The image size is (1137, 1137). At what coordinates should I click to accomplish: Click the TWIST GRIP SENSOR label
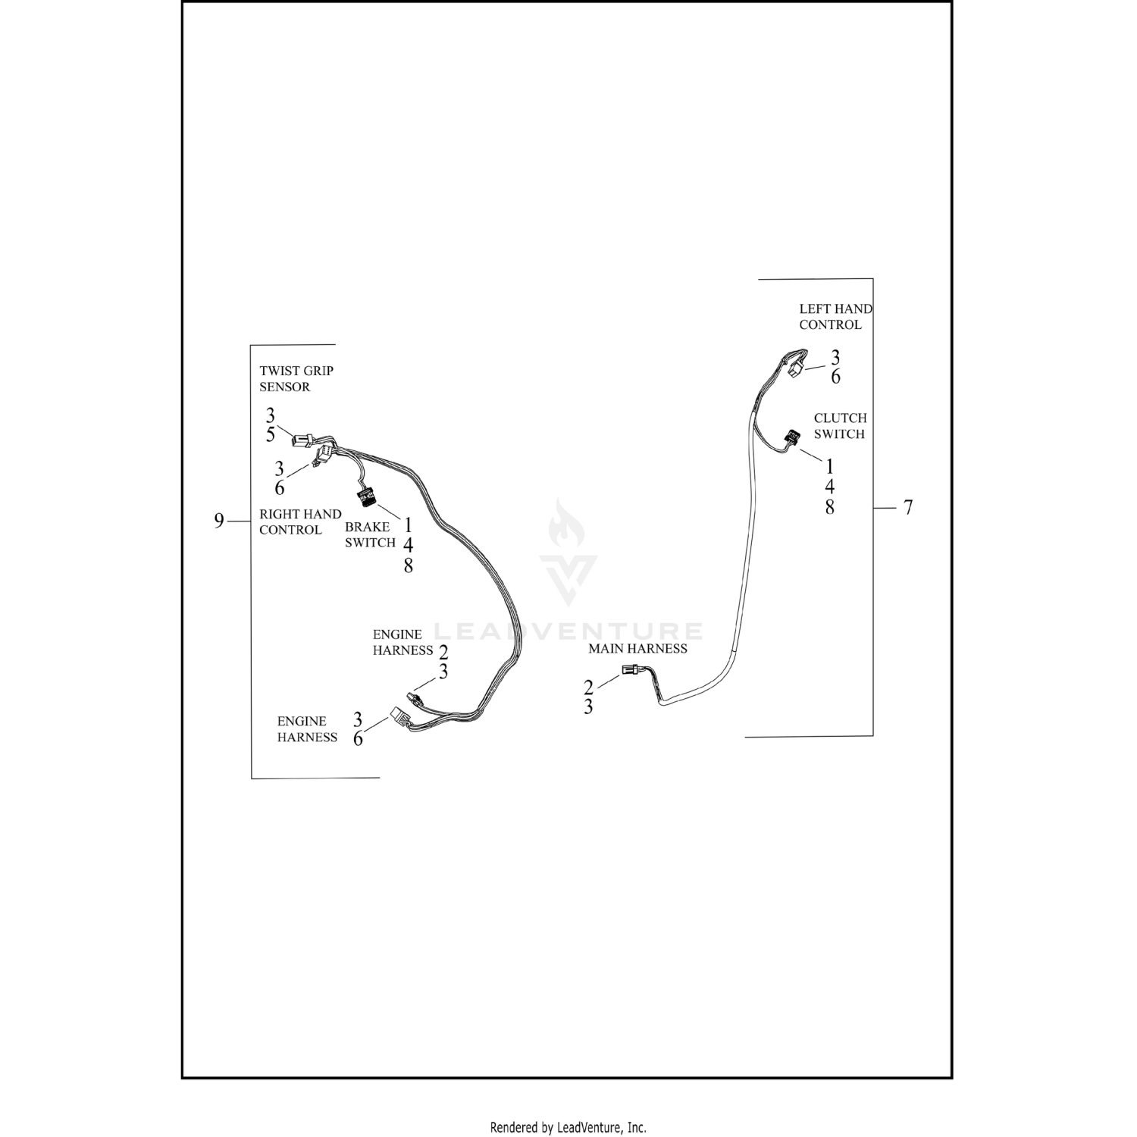click(296, 378)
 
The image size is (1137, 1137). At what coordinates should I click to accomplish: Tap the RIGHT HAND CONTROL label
click(300, 522)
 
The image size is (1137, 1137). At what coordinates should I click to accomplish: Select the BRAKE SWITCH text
click(370, 534)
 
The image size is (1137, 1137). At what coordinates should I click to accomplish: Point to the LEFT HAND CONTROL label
click(835, 316)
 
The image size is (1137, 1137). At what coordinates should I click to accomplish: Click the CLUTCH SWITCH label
click(840, 426)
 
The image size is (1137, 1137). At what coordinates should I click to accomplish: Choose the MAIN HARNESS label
click(637, 649)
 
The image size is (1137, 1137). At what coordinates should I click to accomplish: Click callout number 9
click(219, 521)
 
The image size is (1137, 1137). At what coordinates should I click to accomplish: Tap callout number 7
click(908, 507)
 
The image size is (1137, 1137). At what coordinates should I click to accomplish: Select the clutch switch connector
click(792, 437)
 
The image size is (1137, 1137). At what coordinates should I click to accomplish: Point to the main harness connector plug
click(630, 669)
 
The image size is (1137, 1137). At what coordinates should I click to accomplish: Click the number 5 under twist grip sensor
click(271, 435)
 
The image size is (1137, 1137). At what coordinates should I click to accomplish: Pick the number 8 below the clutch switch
click(830, 507)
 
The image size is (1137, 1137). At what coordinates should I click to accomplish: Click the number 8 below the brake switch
click(408, 565)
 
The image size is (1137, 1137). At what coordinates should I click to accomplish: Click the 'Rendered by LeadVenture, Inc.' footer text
click(568, 1127)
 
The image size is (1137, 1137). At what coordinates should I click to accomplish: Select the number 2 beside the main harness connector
click(588, 688)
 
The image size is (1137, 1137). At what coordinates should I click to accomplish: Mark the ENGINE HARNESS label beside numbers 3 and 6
click(307, 729)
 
